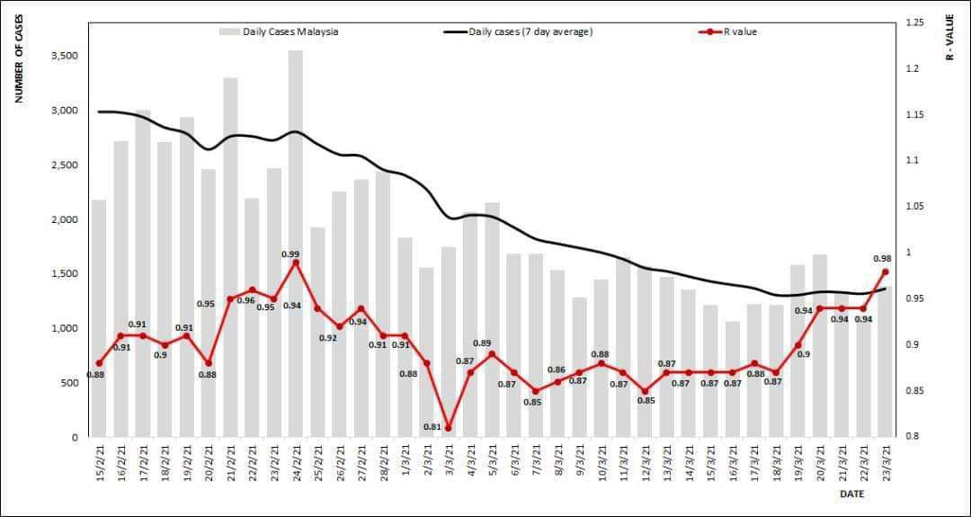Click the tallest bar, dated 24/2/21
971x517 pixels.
pyautogui.click(x=296, y=243)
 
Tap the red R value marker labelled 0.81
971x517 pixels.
pyautogui.click(x=449, y=428)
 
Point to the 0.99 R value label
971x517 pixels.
pyautogui.click(x=290, y=254)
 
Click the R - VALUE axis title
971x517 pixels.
pyautogui.click(x=950, y=38)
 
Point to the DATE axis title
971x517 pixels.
pyautogui.click(x=852, y=495)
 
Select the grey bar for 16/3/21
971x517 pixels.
pyautogui.click(x=733, y=379)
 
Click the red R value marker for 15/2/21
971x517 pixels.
pyautogui.click(x=99, y=363)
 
